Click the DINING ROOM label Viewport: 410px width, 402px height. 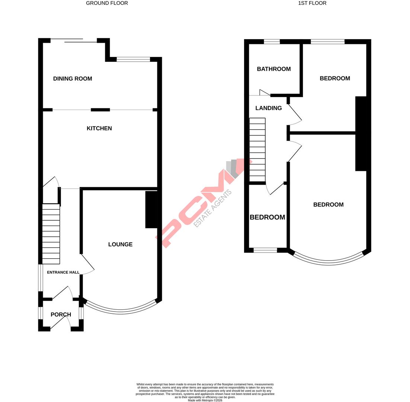click(73, 79)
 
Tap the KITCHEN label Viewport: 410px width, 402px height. click(99, 128)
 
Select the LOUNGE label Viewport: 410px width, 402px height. click(120, 245)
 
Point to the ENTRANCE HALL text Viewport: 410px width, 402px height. click(63, 272)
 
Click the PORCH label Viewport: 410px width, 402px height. click(61, 315)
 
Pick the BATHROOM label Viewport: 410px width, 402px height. click(273, 69)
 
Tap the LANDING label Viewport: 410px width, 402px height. click(268, 108)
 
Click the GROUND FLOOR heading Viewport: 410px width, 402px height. click(107, 3)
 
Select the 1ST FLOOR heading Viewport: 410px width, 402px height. click(312, 3)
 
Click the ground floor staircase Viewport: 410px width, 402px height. click(51, 234)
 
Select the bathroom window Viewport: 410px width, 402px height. click(272, 42)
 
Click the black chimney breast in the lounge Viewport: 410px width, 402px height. click(151, 209)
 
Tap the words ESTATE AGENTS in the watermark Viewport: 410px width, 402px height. click(213, 208)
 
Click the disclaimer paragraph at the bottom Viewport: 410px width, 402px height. click(205, 392)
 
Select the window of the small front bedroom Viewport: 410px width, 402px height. click(265, 251)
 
